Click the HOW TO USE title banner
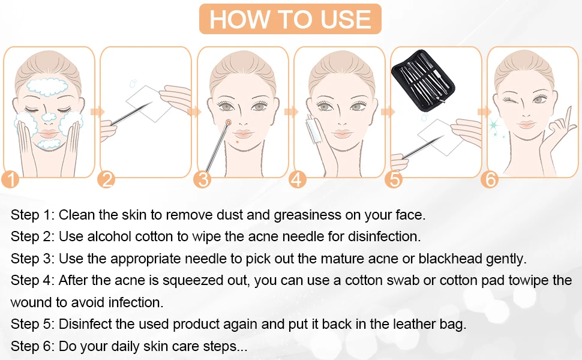[x=290, y=19]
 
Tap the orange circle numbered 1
[x=11, y=178]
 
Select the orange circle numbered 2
[x=106, y=178]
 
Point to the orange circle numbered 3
[x=203, y=178]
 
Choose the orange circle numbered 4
[x=298, y=178]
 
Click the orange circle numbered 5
[x=394, y=178]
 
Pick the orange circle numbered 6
[x=490, y=178]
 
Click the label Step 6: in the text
[x=32, y=346]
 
